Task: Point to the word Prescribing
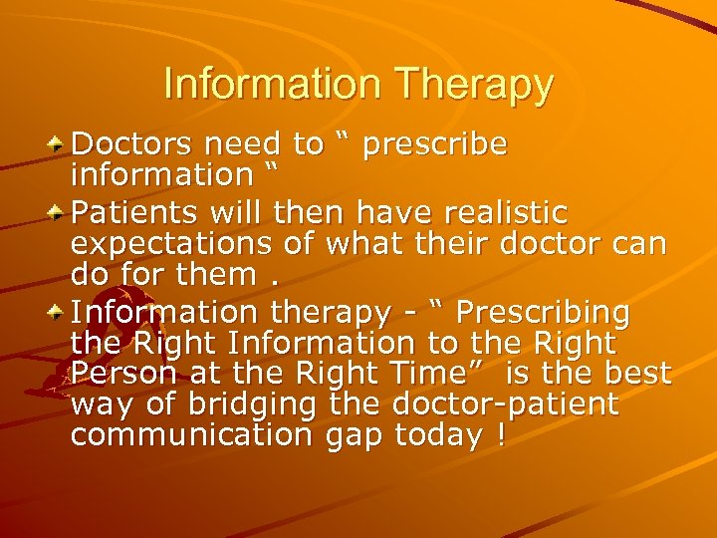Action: coord(542,313)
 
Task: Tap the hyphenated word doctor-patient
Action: coord(505,404)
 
